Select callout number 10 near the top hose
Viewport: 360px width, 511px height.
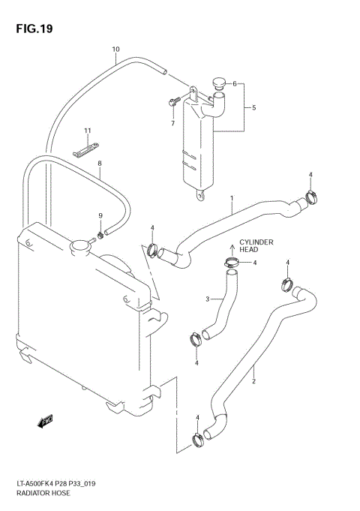[x=115, y=50]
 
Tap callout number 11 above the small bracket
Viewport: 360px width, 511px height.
[x=87, y=131]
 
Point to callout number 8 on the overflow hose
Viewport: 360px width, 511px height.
[x=99, y=163]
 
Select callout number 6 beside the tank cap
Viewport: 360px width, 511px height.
[x=172, y=123]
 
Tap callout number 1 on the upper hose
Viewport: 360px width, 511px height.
[x=232, y=199]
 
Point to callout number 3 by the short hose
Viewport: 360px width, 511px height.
[x=208, y=300]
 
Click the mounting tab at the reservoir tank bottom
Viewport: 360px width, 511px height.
[x=200, y=196]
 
